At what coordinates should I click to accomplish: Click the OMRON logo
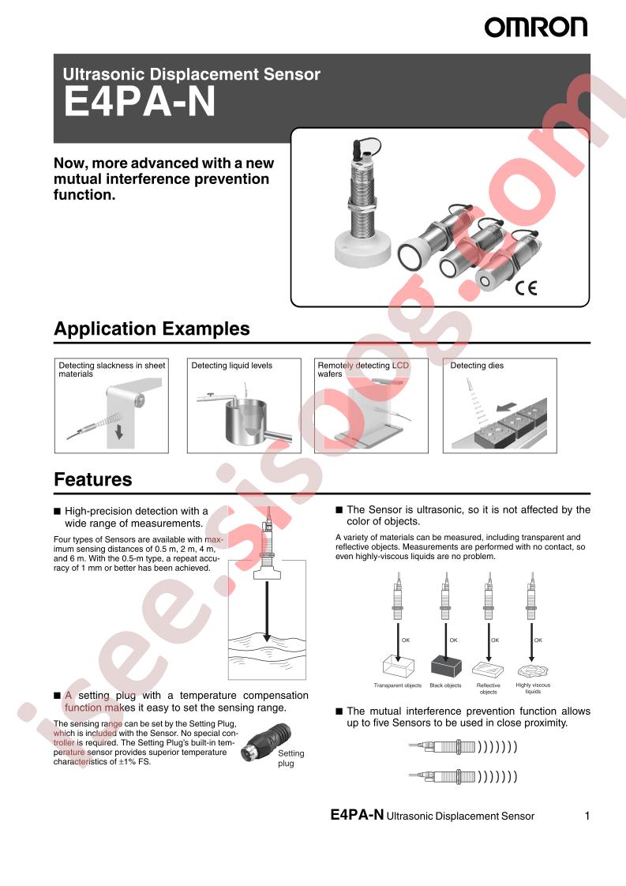(535, 27)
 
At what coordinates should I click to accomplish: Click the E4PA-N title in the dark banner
(140, 103)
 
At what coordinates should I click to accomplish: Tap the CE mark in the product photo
(526, 288)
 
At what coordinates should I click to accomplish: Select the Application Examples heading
(152, 328)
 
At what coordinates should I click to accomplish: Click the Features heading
(92, 480)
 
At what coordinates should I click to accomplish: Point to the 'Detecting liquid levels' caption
(231, 366)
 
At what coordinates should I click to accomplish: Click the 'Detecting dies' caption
(477, 366)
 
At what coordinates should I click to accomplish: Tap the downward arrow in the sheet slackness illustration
(118, 433)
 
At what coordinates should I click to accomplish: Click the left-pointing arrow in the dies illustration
(507, 407)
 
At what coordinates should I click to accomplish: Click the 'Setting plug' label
(291, 758)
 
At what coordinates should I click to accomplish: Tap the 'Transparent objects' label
(398, 685)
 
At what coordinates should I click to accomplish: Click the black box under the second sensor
(446, 666)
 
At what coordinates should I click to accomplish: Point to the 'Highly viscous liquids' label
(533, 689)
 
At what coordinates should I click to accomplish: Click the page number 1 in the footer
(587, 816)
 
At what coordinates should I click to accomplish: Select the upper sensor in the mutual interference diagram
(463, 747)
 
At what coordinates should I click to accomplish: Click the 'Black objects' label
(445, 685)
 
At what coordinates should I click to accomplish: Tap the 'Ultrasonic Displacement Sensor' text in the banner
(192, 74)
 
